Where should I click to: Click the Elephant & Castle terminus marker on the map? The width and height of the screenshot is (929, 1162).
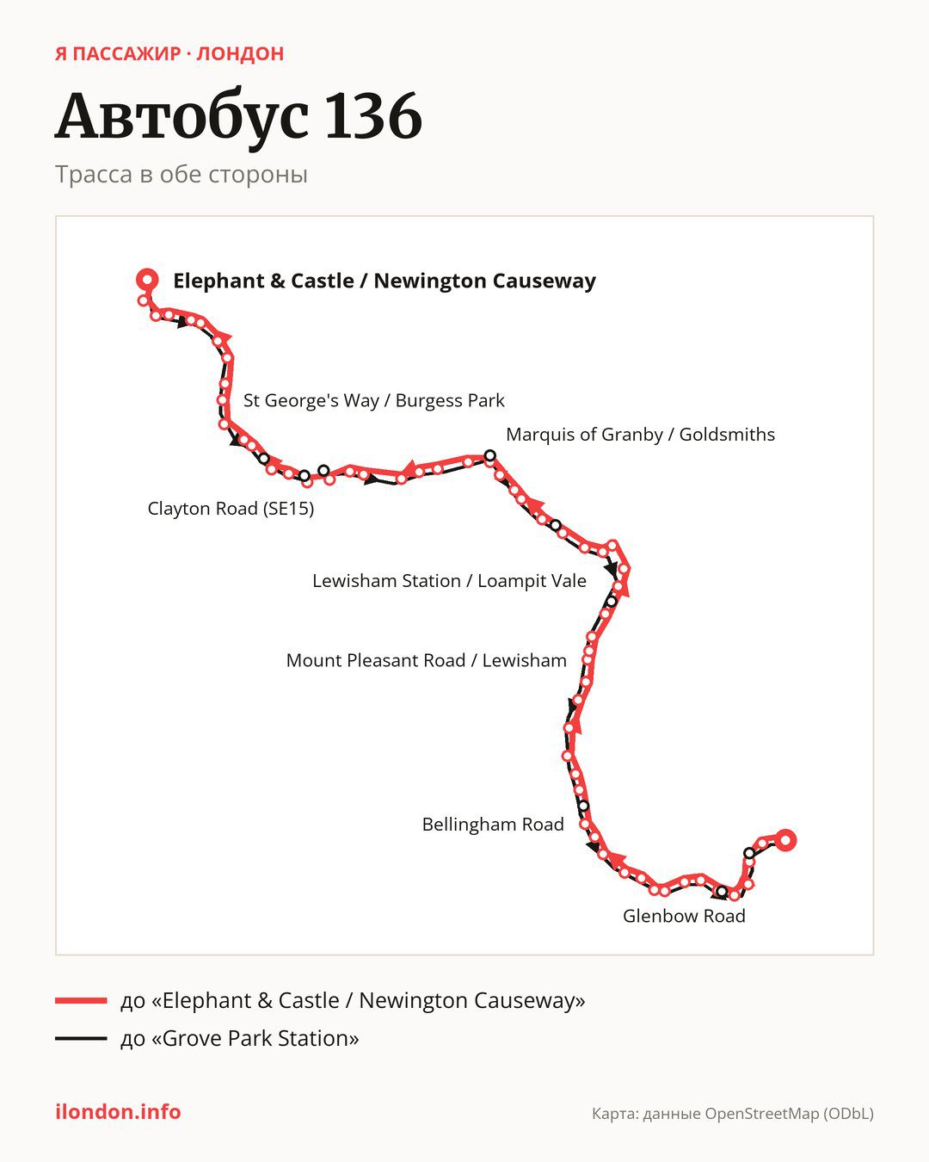tap(147, 280)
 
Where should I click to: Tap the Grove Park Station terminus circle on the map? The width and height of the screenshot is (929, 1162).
tap(785, 840)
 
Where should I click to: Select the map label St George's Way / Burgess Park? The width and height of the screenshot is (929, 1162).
tap(373, 400)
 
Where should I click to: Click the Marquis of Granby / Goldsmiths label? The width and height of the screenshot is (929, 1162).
tap(640, 435)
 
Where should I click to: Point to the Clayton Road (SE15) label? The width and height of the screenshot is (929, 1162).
tap(231, 509)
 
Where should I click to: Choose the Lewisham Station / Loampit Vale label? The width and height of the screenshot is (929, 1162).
tap(449, 581)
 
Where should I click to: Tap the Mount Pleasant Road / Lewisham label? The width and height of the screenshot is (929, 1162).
tap(427, 660)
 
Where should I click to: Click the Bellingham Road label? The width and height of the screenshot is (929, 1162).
tap(493, 825)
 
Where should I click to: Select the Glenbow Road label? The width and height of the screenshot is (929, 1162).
tap(684, 917)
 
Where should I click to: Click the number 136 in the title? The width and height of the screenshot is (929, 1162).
tap(373, 115)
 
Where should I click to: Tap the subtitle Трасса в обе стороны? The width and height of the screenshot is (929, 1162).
tap(181, 175)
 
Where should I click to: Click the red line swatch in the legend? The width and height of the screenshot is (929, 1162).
tap(81, 1000)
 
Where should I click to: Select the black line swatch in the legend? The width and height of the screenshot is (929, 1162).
tap(81, 1038)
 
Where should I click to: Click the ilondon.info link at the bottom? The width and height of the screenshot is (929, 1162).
tap(118, 1112)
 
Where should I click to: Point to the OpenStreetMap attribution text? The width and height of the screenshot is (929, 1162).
tap(733, 1114)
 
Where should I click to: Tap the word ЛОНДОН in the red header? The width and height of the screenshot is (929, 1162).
tap(240, 54)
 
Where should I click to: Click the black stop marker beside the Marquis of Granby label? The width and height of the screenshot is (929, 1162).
tap(489, 455)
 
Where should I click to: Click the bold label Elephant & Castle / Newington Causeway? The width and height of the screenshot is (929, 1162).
tap(385, 281)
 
